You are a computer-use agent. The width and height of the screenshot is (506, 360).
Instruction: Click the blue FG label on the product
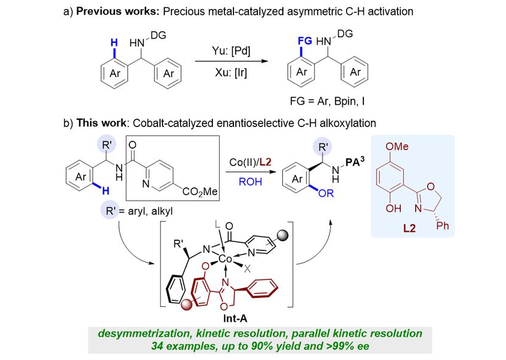304,43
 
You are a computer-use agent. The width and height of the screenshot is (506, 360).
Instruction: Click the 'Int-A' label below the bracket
233,318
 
